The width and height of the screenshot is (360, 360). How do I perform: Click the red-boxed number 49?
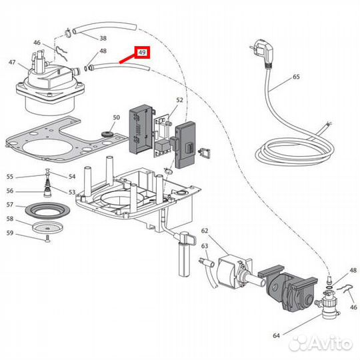[x=141, y=52]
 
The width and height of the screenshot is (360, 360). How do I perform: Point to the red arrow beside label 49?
[x=127, y=59]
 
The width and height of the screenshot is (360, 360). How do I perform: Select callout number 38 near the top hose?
[x=103, y=38]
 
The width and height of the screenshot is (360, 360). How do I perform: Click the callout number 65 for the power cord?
[x=296, y=77]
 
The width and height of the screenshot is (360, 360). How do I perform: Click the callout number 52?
[x=179, y=99]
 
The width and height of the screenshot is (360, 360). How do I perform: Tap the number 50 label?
[x=116, y=118]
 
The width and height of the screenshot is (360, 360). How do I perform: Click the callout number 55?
[x=10, y=177]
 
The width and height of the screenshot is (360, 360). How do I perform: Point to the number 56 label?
[x=10, y=190]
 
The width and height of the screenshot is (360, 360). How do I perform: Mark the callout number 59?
[x=10, y=233]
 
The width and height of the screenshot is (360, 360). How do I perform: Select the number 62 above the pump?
[x=205, y=231]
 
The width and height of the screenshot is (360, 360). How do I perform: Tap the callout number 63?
[x=205, y=245]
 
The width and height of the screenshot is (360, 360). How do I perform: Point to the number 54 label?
[x=72, y=177]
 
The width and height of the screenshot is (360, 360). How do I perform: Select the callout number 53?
[x=72, y=191]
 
